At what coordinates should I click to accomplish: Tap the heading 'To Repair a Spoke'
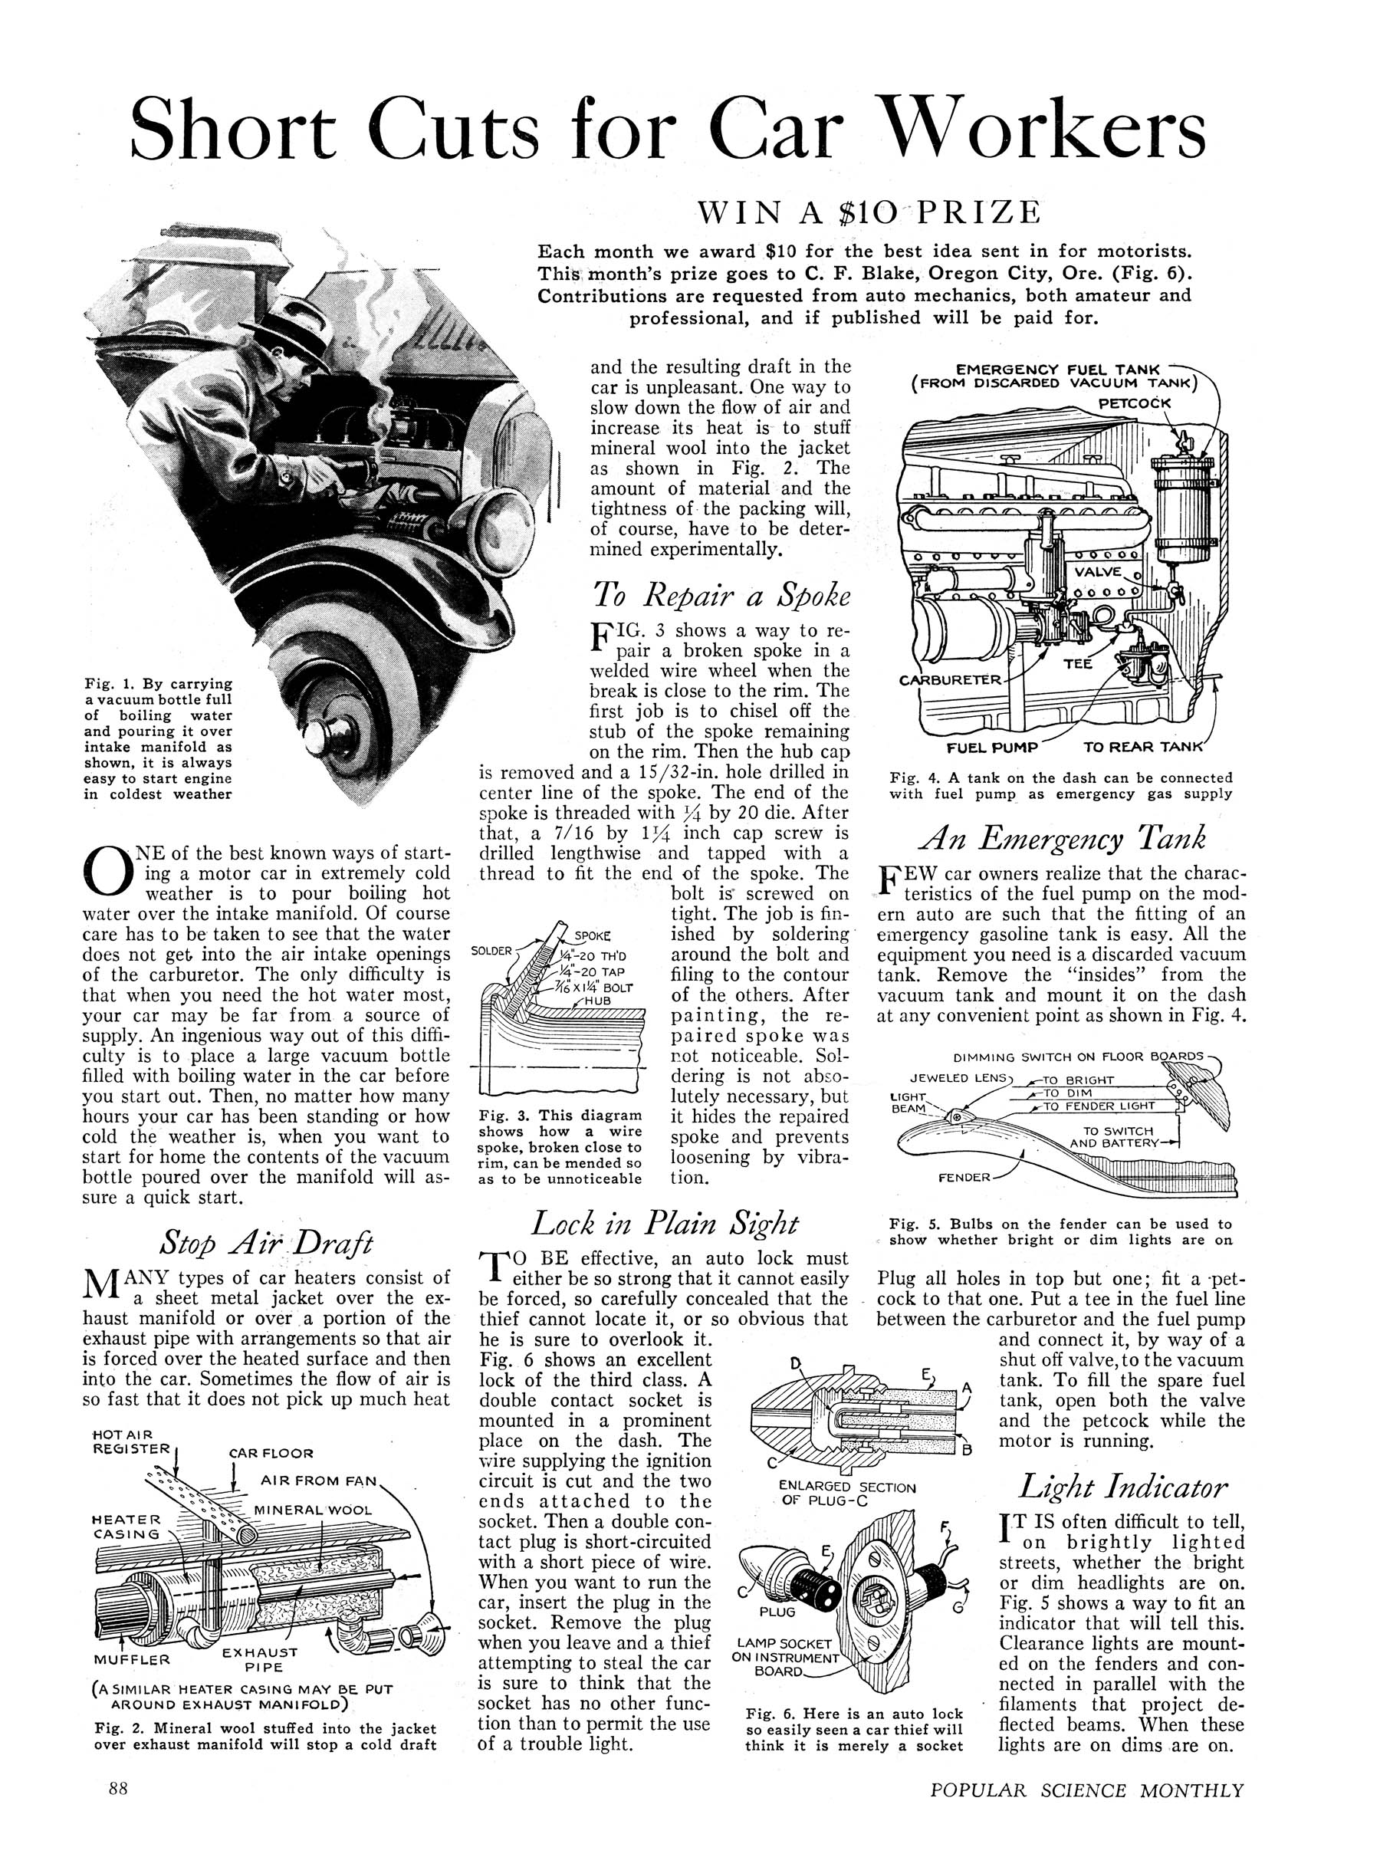click(721, 594)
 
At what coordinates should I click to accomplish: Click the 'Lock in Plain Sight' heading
click(665, 1224)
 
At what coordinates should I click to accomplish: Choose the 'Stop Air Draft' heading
click(265, 1244)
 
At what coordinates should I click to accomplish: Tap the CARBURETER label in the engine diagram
click(949, 679)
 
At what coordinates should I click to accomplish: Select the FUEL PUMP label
click(991, 746)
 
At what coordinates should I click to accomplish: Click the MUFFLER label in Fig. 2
click(131, 1660)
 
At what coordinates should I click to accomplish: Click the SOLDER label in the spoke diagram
click(492, 951)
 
